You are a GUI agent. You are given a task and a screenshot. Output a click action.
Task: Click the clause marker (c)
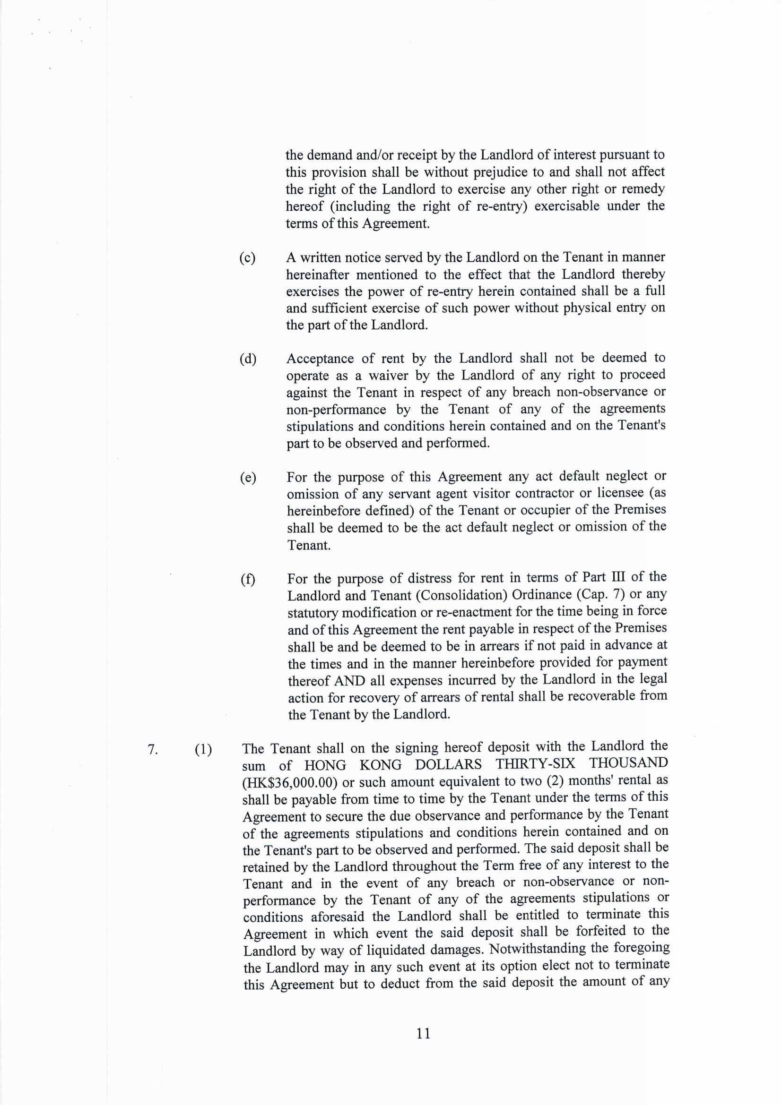[247, 258]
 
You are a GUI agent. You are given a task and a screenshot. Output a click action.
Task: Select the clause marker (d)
[247, 359]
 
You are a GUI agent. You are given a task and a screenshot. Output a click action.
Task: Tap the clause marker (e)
[247, 478]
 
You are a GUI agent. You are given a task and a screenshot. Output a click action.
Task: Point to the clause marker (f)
[247, 579]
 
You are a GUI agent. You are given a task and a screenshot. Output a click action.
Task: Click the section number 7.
[153, 749]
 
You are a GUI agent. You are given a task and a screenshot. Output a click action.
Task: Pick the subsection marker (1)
[203, 749]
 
